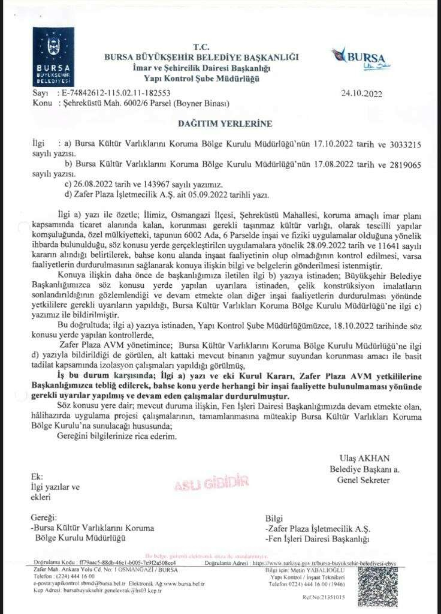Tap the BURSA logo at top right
click(358, 60)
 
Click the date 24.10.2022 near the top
click(361, 94)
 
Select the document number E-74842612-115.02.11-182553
click(116, 94)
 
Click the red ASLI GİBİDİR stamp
click(203, 483)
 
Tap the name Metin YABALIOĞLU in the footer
click(324, 569)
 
